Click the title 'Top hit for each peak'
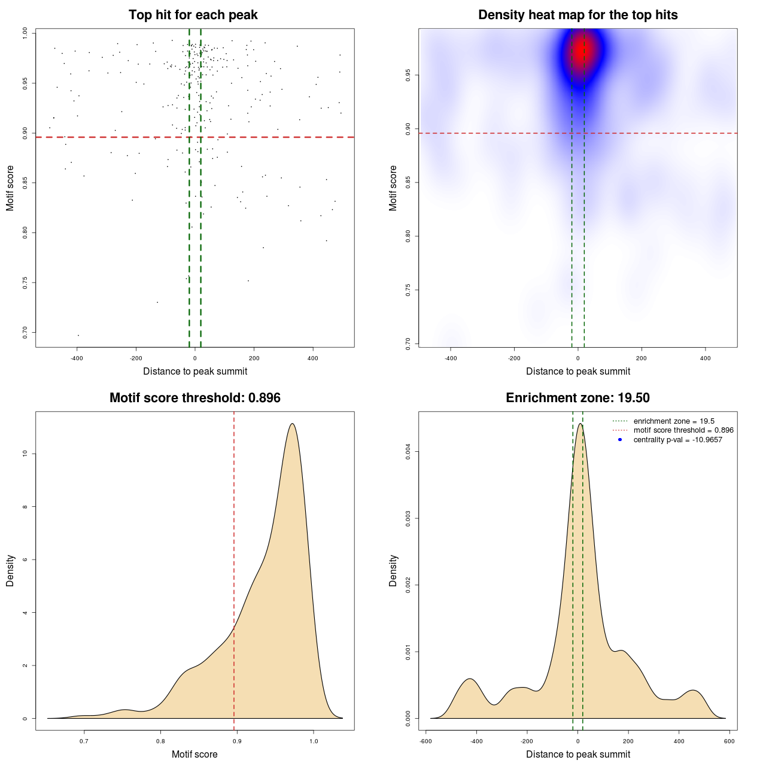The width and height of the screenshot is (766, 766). coord(193,15)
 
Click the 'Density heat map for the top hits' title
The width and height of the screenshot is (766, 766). coord(577,15)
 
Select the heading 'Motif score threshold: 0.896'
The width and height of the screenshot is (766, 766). coord(194,398)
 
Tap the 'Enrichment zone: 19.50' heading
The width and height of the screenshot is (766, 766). coord(577,398)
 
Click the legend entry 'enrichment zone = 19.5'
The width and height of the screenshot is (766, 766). coord(674,421)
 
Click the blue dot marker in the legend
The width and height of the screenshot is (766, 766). coord(620,440)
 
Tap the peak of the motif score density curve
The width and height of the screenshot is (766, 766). coord(292,424)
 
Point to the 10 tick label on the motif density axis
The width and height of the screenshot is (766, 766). coord(25,454)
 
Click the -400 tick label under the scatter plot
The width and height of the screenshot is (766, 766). coord(77,358)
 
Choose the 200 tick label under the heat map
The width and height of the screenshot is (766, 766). coord(642,358)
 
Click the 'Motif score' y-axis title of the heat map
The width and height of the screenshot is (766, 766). coord(393,188)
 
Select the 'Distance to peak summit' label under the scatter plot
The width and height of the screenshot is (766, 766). coord(195,372)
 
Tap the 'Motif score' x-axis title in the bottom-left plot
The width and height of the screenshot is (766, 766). coord(194,755)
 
